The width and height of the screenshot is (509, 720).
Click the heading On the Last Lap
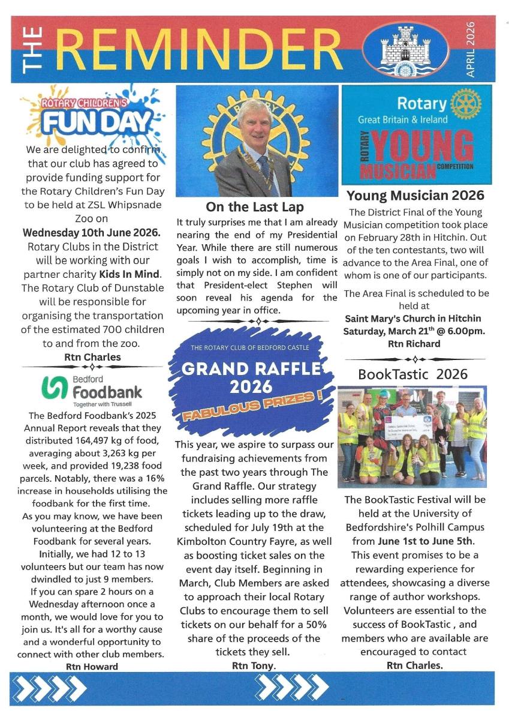click(254, 207)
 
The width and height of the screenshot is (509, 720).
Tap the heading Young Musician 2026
click(415, 195)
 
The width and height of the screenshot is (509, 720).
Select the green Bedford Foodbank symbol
click(53, 388)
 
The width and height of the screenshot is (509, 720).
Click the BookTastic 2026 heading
click(412, 374)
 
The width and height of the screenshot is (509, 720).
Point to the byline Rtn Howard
click(92, 666)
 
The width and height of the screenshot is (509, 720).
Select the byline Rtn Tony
click(254, 665)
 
